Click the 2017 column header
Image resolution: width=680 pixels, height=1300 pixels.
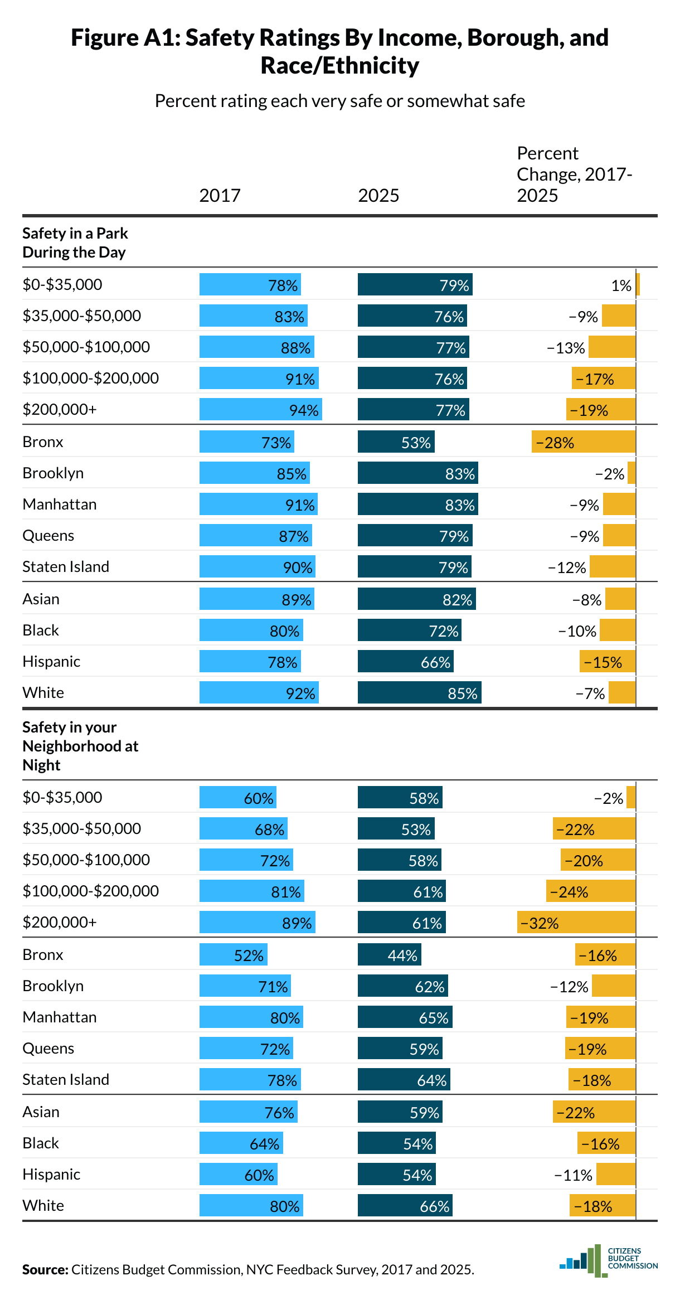click(220, 196)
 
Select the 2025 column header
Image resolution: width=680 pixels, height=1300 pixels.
click(378, 196)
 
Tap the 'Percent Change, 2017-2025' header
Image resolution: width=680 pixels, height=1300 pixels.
click(574, 174)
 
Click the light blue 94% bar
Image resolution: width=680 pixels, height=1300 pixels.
click(260, 409)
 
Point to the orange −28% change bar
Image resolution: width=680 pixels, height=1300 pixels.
click(583, 442)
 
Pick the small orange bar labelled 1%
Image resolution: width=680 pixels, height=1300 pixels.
click(638, 284)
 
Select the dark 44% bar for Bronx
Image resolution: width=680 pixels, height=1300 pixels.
click(389, 954)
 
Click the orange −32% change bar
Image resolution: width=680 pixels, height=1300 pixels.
click(576, 922)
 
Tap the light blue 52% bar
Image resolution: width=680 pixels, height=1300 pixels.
click(233, 954)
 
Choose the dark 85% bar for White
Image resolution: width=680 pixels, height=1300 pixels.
click(419, 692)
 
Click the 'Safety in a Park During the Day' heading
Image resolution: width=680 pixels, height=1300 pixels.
click(75, 242)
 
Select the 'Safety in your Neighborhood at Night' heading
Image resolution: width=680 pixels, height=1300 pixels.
click(80, 746)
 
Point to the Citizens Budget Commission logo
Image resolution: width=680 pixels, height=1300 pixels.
click(608, 1259)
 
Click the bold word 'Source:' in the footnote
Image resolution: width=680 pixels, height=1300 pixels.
click(45, 1269)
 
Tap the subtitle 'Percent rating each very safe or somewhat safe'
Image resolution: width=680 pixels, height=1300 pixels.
click(339, 101)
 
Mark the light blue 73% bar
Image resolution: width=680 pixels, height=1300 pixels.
click(246, 442)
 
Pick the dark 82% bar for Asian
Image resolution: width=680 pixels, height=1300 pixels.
click(416, 599)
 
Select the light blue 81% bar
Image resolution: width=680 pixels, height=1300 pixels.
click(251, 891)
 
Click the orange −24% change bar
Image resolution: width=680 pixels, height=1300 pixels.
click(590, 891)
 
